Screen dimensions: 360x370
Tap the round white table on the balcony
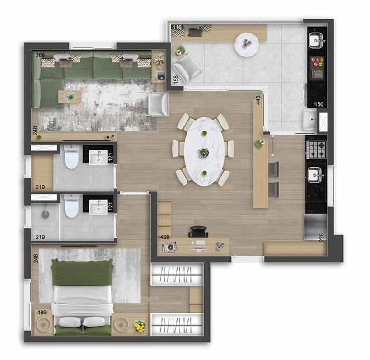[x=247, y=44]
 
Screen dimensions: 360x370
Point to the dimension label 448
[x=258, y=100]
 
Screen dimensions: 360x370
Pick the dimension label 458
[x=164, y=238]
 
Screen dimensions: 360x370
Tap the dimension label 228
[x=322, y=237]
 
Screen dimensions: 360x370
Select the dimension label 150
[x=319, y=104]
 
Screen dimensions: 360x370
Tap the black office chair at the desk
[x=199, y=231]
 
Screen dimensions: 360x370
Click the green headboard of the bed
[x=81, y=272]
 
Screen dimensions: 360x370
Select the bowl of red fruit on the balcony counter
[x=318, y=62]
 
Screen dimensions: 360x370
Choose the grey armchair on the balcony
[x=186, y=68]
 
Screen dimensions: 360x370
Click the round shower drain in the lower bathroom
[x=46, y=214]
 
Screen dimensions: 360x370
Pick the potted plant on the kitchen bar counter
[x=259, y=144]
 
